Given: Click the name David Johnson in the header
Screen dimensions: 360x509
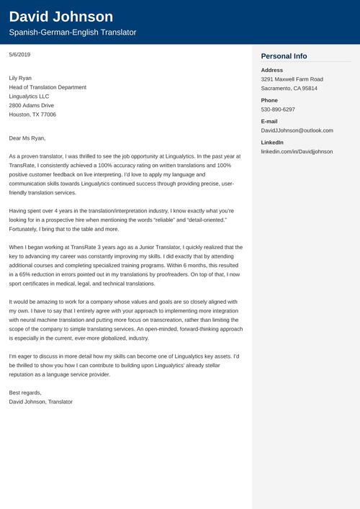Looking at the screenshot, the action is click(61, 17).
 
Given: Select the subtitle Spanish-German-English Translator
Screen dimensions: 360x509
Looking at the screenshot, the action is click(72, 33).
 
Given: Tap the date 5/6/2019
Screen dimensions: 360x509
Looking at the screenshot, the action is click(20, 55).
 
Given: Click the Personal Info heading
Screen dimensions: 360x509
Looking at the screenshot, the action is click(284, 56).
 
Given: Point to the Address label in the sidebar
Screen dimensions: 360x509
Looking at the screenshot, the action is click(272, 70).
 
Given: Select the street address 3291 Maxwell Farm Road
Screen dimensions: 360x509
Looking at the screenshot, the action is click(292, 79).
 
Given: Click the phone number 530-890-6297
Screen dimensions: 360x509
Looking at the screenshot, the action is click(278, 109).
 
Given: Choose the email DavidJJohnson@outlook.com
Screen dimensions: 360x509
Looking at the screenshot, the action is click(297, 130).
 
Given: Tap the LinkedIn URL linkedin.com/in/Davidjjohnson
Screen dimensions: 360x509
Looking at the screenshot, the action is click(297, 152).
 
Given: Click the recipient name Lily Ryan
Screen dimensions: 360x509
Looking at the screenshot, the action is click(20, 78).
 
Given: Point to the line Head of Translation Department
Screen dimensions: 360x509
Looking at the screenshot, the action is click(48, 87).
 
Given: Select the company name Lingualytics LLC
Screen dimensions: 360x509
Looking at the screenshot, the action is click(29, 96).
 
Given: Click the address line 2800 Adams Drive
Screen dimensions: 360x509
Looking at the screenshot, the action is click(32, 105).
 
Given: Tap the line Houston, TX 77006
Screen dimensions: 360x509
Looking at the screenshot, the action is click(32, 114).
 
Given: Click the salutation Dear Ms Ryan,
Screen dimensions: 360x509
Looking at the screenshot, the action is click(27, 138).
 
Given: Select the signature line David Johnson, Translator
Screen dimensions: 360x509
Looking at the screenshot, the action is click(41, 401).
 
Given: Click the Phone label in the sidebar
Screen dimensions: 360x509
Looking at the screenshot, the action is click(269, 100).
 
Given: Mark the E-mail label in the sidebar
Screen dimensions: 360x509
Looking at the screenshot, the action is click(269, 121).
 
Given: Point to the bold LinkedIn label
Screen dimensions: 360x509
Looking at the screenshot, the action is click(272, 143).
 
